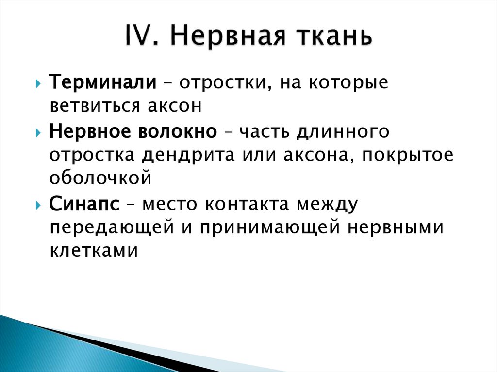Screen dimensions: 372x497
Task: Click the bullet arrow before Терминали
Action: tap(38, 82)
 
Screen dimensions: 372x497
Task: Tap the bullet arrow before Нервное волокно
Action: tap(38, 132)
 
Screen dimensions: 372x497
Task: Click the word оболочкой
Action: tap(100, 178)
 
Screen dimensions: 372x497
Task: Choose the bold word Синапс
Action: tap(84, 204)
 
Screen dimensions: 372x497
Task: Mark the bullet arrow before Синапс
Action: tap(38, 205)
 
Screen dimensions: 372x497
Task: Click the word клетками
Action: tap(94, 250)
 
